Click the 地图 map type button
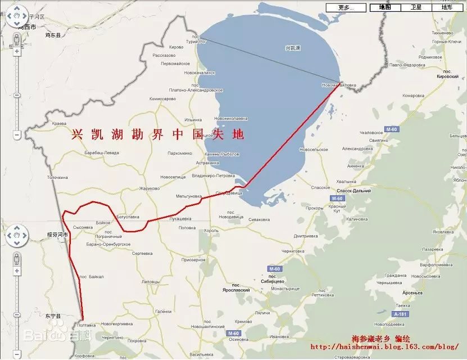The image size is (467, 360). click(x=385, y=7)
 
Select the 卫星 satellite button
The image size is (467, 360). click(x=416, y=7)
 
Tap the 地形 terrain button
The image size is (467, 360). click(x=447, y=7)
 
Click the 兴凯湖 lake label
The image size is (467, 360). click(x=293, y=48)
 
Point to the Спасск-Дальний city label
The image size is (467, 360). click(x=353, y=191)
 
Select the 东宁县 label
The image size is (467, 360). click(x=53, y=316)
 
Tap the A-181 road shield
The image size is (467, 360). click(x=400, y=313)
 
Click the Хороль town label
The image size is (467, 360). click(x=212, y=231)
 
